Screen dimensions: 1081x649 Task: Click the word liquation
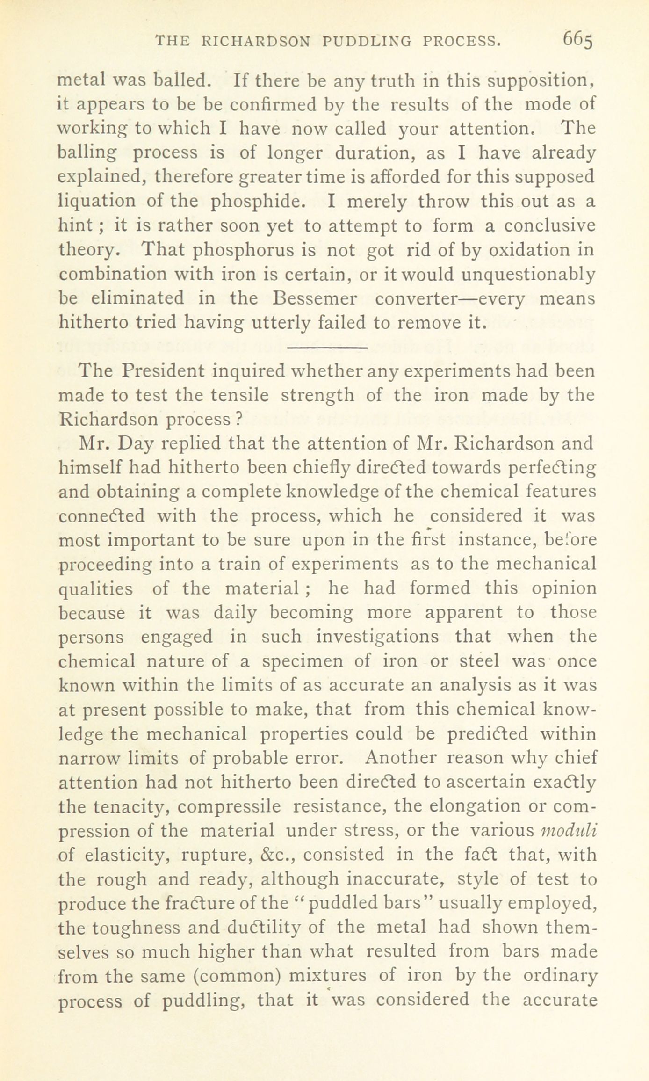[97, 201]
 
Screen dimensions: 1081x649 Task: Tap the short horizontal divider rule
[327, 347]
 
